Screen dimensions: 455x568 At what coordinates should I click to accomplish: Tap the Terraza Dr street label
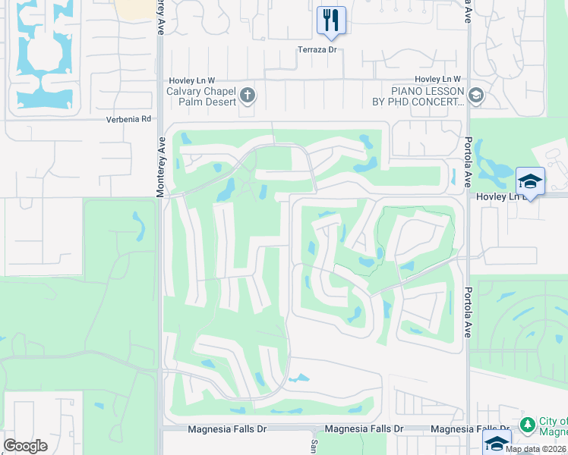click(316, 49)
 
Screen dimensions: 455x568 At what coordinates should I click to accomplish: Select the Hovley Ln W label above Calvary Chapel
click(191, 80)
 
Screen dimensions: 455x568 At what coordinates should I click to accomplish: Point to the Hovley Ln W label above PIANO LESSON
click(438, 80)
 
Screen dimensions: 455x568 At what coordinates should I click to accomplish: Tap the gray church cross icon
click(248, 96)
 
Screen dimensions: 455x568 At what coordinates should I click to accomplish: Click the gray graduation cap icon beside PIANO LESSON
click(476, 96)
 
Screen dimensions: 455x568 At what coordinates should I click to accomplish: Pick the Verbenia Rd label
click(131, 119)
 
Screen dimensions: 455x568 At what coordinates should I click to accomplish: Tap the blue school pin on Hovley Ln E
click(530, 181)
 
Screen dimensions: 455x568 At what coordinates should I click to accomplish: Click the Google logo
click(26, 445)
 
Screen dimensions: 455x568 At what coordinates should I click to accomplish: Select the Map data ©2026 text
click(535, 449)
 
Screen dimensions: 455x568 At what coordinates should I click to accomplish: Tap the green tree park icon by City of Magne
click(528, 422)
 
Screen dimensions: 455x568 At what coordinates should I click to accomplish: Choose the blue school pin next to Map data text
click(497, 442)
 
